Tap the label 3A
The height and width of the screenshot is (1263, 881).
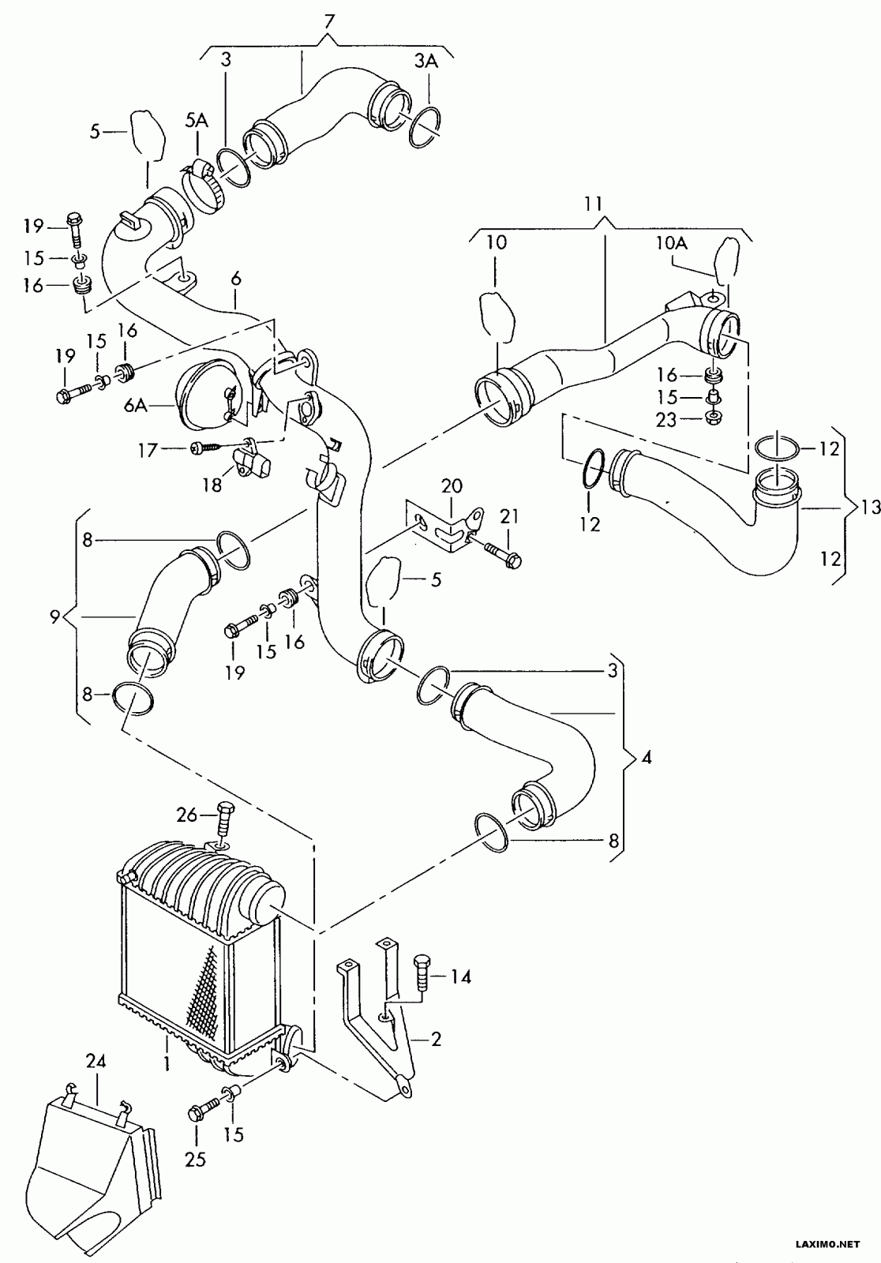click(x=426, y=62)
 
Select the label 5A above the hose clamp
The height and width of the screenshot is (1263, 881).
click(x=197, y=121)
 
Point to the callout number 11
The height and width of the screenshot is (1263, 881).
click(x=594, y=203)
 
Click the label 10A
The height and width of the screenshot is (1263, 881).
click(x=671, y=243)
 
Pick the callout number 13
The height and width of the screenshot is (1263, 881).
click(x=870, y=508)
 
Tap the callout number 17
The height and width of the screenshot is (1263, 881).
click(x=148, y=450)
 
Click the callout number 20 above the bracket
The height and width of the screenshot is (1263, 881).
click(x=452, y=485)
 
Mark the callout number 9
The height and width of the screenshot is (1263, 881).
click(x=54, y=617)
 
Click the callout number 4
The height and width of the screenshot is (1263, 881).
click(x=647, y=758)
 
